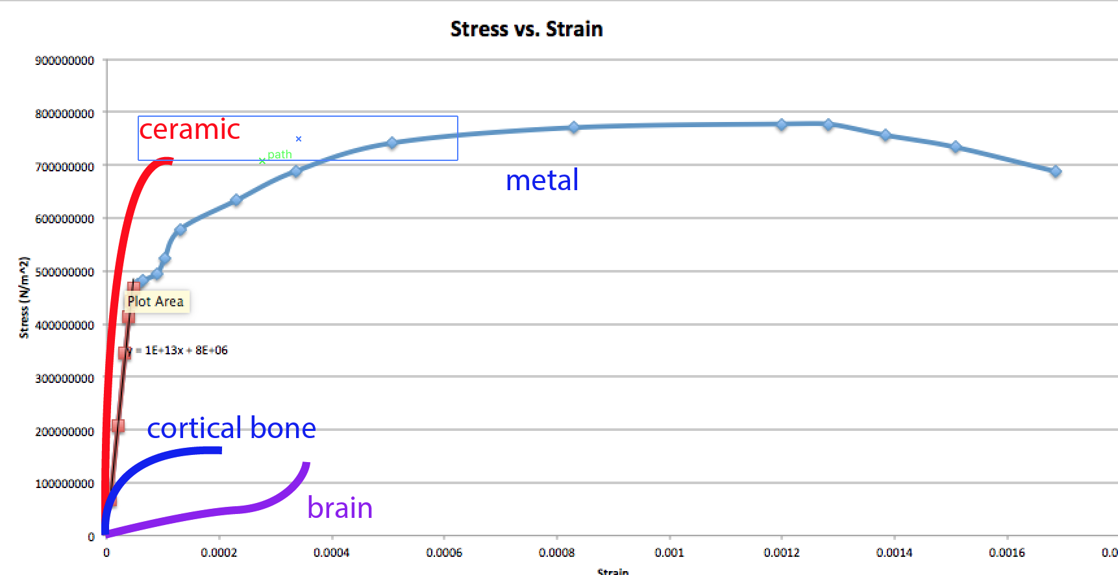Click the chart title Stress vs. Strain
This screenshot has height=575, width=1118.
click(527, 29)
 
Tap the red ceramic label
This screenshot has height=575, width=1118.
click(190, 130)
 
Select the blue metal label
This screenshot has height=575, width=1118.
click(542, 180)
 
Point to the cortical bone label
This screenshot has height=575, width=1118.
click(231, 428)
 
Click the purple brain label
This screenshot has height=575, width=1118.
click(340, 508)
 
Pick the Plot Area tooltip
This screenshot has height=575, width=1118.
click(156, 302)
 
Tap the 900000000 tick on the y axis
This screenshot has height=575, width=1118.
click(64, 60)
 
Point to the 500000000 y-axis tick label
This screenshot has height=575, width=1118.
click(64, 272)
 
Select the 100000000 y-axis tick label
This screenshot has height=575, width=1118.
click(64, 483)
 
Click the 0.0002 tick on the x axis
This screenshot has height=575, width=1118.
click(219, 553)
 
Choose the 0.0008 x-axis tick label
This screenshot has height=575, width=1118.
click(556, 553)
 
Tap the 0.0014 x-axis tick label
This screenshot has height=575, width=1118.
click(894, 553)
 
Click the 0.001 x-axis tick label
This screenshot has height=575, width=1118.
click(669, 553)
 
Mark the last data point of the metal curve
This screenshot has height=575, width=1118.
click(1056, 171)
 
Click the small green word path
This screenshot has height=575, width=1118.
click(280, 154)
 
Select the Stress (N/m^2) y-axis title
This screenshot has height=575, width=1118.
click(24, 297)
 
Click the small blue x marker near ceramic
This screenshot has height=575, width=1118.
click(299, 139)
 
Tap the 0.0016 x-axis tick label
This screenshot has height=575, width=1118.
click(1007, 553)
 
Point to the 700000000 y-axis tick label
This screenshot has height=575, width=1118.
click(64, 167)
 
